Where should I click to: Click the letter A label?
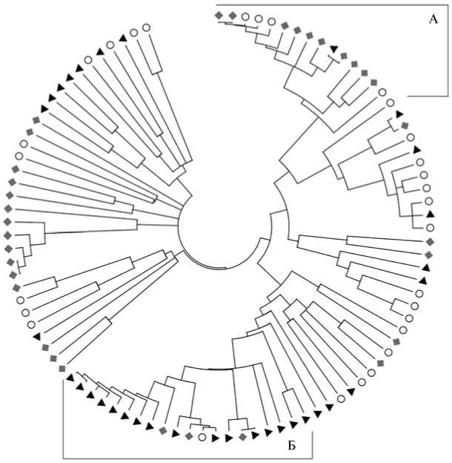coord(434,19)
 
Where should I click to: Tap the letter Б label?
coord(292,445)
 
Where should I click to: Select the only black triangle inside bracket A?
coord(334,49)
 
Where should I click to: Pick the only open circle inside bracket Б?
coord(202,437)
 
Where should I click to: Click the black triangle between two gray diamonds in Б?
coord(176,433)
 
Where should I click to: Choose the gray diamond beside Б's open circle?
coord(190,436)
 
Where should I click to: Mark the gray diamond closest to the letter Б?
coord(242,438)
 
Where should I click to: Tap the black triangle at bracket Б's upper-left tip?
coord(70,378)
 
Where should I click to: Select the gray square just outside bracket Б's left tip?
coord(62,368)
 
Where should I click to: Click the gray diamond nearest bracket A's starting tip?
coord(219,15)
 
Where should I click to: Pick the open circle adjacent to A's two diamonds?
coord(245,16)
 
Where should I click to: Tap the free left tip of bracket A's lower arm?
coord(408,96)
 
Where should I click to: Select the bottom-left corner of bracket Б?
coord(63,456)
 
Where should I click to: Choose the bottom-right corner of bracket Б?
coord(313,456)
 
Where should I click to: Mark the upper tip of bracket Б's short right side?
coord(313,434)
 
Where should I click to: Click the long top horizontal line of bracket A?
coord(333,6)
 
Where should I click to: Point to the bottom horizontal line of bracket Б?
coord(185,456)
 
